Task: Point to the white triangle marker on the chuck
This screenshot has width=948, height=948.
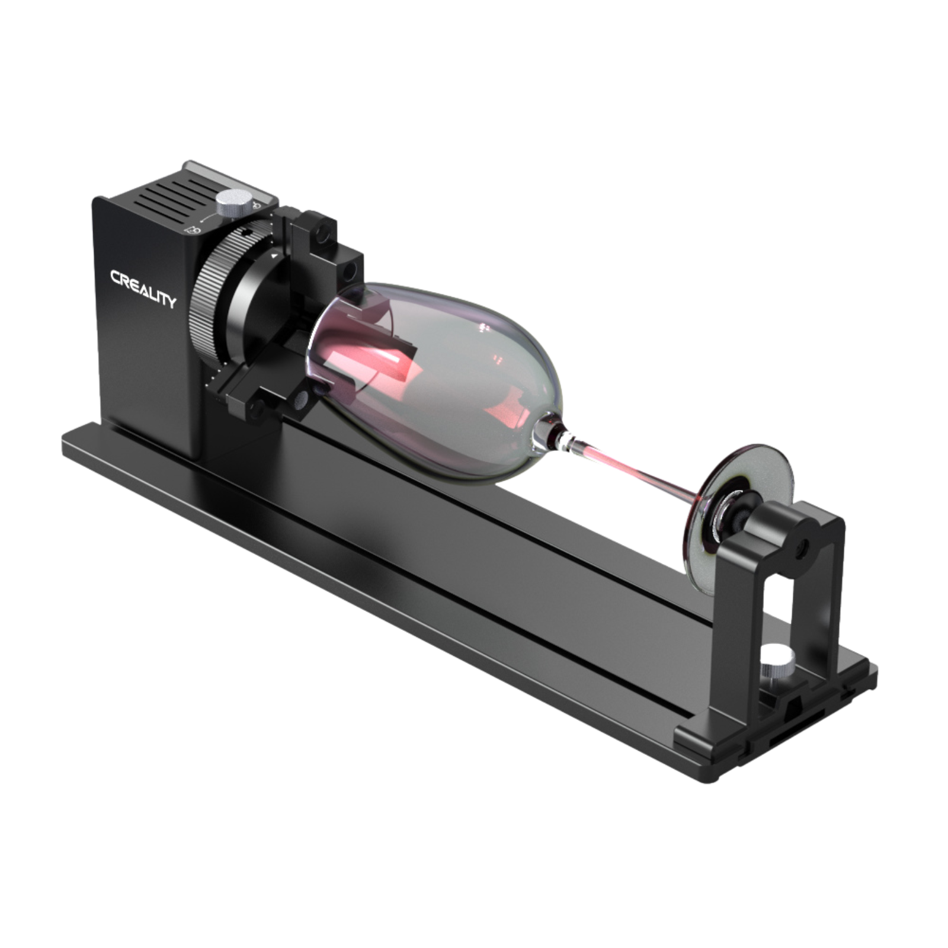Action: click(x=273, y=256)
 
